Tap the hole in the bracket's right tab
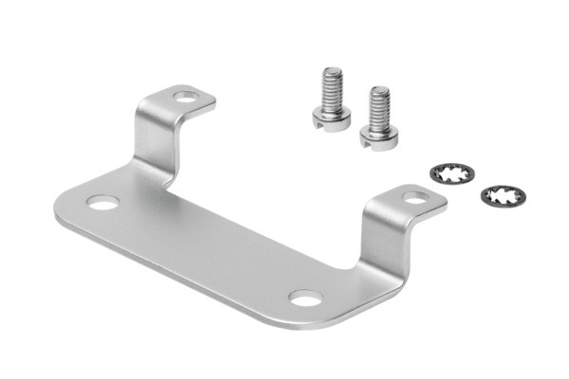414,198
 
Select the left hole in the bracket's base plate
103,203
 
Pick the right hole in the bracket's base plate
303,299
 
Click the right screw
378,118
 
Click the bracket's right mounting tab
408,202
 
